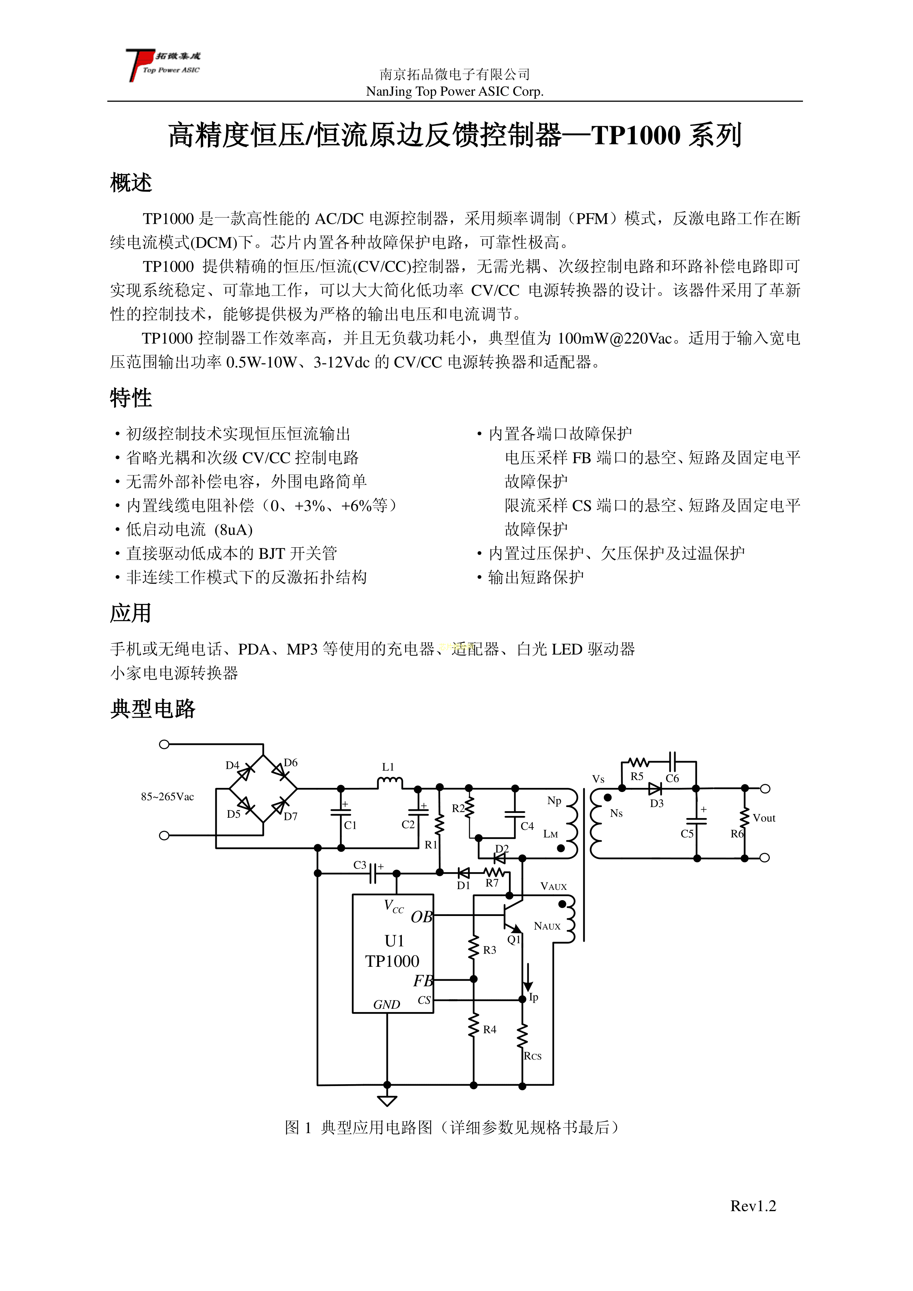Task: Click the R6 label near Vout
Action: coord(736,834)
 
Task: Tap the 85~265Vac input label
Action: coord(167,796)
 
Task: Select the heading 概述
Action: coord(131,183)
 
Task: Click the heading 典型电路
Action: coord(152,709)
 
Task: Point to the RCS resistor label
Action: coord(532,1056)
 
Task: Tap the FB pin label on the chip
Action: coord(423,981)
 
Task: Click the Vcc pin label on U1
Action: coord(393,906)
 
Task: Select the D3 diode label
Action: coord(657,803)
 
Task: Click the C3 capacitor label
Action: coord(360,865)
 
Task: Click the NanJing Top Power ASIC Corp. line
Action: coord(454,91)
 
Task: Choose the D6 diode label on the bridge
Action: coord(291,763)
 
